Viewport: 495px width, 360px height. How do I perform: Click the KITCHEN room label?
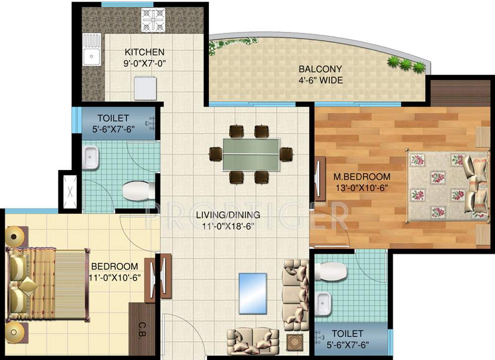pyautogui.click(x=145, y=52)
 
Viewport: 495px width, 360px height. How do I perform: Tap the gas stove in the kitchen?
pyautogui.click(x=153, y=21)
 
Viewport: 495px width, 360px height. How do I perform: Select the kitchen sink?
pyautogui.click(x=92, y=49)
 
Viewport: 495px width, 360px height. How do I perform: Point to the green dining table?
pyautogui.click(x=251, y=154)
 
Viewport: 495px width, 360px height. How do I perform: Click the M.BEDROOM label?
pyautogui.click(x=361, y=177)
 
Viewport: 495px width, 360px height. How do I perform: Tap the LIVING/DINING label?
pyautogui.click(x=228, y=215)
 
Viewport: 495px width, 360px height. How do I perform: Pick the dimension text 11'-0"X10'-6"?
pyautogui.click(x=116, y=277)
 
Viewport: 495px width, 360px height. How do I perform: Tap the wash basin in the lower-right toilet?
pyautogui.click(x=324, y=303)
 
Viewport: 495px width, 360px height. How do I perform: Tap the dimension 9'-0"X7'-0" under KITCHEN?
pyautogui.click(x=145, y=63)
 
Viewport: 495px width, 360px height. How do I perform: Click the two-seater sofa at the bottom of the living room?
pyautogui.click(x=249, y=340)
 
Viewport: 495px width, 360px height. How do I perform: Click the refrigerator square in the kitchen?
pyautogui.click(x=146, y=89)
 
